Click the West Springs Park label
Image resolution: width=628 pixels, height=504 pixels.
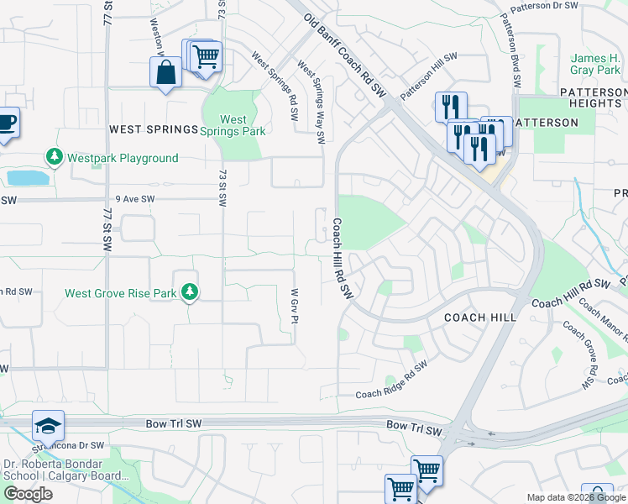233,125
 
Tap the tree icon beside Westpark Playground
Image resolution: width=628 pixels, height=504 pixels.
55,158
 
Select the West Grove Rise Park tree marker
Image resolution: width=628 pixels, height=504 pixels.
191,292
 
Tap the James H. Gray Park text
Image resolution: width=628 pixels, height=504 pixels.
595,64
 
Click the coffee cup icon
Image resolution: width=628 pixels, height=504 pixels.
5,122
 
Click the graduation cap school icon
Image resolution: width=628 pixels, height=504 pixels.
48,426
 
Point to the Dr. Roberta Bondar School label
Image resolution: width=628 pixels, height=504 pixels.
52,469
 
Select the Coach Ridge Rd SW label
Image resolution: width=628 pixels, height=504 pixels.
391,379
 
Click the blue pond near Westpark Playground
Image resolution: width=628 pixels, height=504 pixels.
26,178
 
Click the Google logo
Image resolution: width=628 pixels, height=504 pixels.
28,494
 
